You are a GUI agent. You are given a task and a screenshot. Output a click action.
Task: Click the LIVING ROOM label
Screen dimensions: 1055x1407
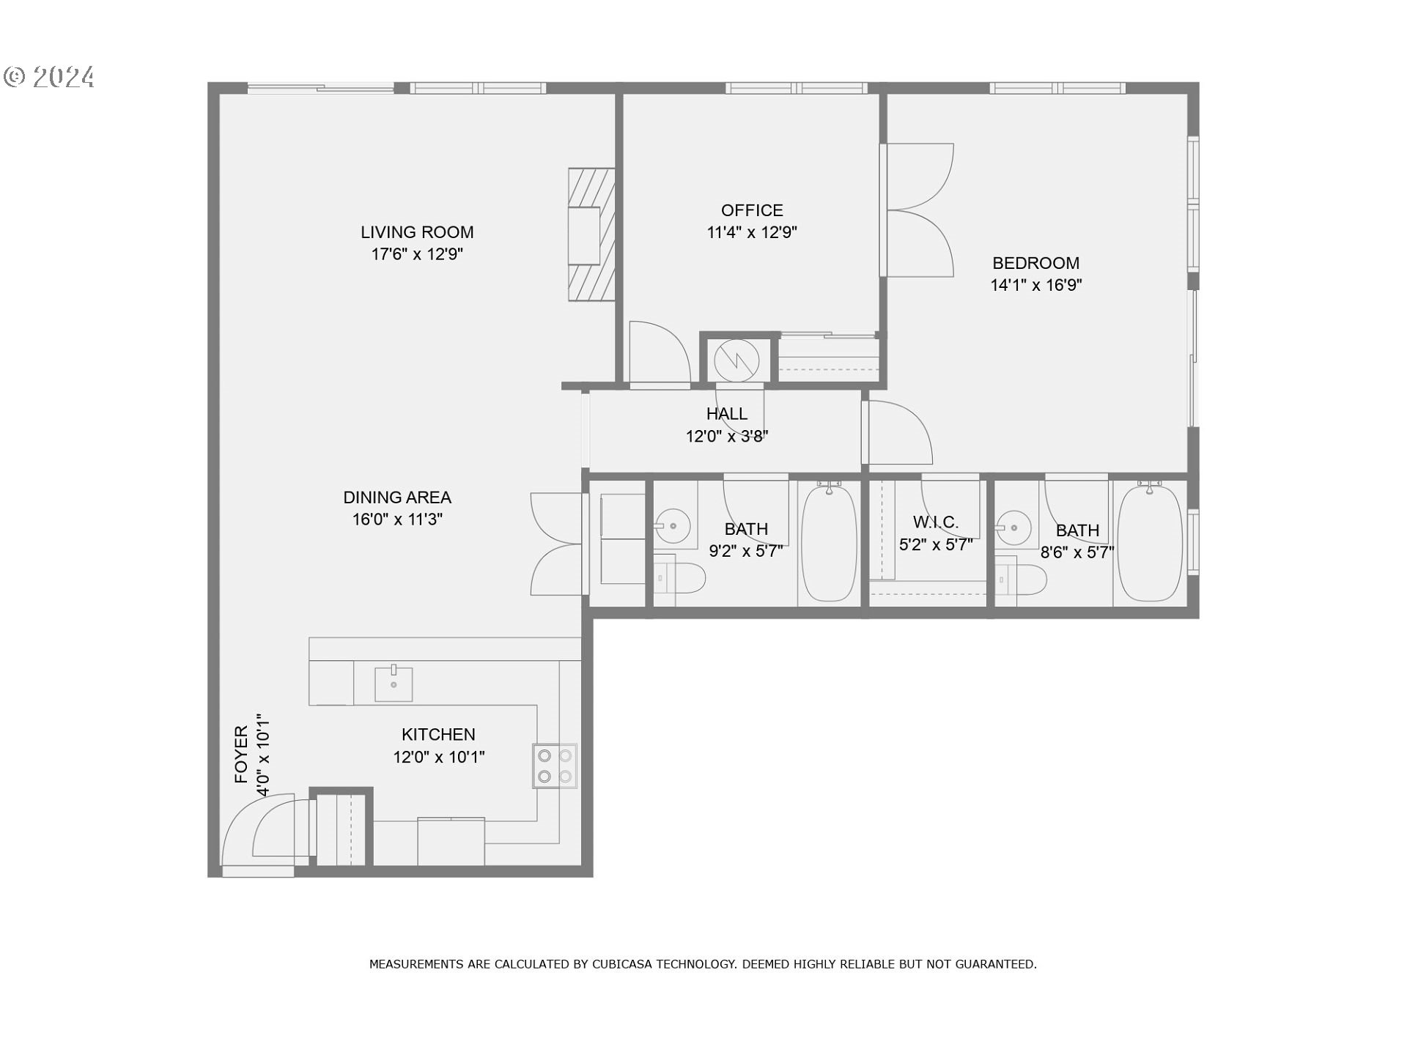pyautogui.click(x=417, y=232)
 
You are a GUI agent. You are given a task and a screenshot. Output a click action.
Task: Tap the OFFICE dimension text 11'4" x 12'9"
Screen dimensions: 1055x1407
pyautogui.click(x=752, y=232)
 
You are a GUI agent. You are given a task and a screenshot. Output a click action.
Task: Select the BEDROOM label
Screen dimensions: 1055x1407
pyautogui.click(x=1035, y=263)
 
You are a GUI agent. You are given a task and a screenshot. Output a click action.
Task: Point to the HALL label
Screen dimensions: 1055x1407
pyautogui.click(x=727, y=414)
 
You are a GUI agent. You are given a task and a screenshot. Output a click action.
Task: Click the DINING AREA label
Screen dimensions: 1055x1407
pyautogui.click(x=397, y=497)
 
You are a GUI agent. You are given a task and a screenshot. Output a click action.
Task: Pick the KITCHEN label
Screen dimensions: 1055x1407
pyautogui.click(x=438, y=734)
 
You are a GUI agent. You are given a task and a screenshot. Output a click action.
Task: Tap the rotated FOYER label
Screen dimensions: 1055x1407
pyautogui.click(x=241, y=755)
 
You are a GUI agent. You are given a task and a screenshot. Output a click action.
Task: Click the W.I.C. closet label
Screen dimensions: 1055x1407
pyautogui.click(x=936, y=522)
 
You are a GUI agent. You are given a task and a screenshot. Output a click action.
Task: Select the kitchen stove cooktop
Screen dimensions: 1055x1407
pyautogui.click(x=555, y=766)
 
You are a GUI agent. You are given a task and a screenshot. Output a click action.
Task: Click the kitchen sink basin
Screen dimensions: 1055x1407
pyautogui.click(x=394, y=684)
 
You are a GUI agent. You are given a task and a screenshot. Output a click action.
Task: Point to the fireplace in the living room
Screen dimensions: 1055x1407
pyautogui.click(x=591, y=234)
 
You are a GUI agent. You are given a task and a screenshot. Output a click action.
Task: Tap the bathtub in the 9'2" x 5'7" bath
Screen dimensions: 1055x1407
pyautogui.click(x=829, y=543)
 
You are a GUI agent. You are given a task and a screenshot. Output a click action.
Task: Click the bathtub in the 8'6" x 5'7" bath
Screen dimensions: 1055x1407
pyautogui.click(x=1150, y=543)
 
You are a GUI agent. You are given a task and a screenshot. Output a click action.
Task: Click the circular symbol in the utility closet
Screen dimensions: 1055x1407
pyautogui.click(x=736, y=360)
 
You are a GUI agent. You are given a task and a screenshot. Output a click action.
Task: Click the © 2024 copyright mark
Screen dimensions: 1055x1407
pyautogui.click(x=50, y=77)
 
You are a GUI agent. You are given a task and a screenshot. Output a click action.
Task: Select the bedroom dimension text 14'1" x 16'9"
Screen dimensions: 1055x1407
pyautogui.click(x=1036, y=285)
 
